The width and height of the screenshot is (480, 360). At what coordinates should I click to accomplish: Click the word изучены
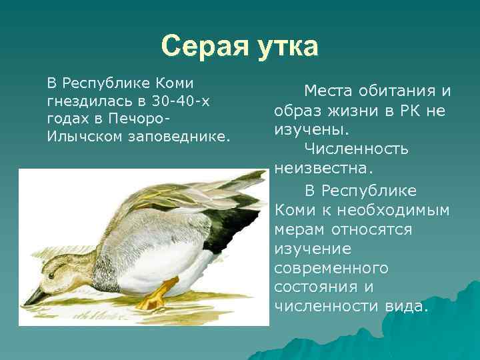pos(303,129)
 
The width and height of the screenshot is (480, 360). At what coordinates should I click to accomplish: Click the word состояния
pos(313,287)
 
